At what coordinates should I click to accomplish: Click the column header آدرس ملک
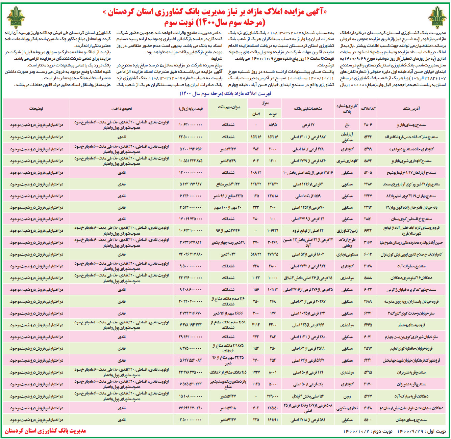411,109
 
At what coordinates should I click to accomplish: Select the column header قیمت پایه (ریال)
191,109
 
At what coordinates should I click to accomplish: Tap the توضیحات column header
36,109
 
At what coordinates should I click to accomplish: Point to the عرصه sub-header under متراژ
273,114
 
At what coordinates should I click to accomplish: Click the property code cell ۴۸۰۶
368,125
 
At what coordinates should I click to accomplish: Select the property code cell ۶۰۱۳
368,255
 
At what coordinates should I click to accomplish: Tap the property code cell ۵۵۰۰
368,420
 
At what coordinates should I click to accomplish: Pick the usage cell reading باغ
347,125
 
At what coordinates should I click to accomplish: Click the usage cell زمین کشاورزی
347,231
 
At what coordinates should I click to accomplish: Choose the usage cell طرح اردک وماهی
347,243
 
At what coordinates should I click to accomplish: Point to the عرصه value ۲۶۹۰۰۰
273,396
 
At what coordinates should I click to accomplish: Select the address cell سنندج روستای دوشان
411,420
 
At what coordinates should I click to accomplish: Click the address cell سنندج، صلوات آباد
411,266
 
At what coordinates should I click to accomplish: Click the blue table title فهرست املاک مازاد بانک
225,93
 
